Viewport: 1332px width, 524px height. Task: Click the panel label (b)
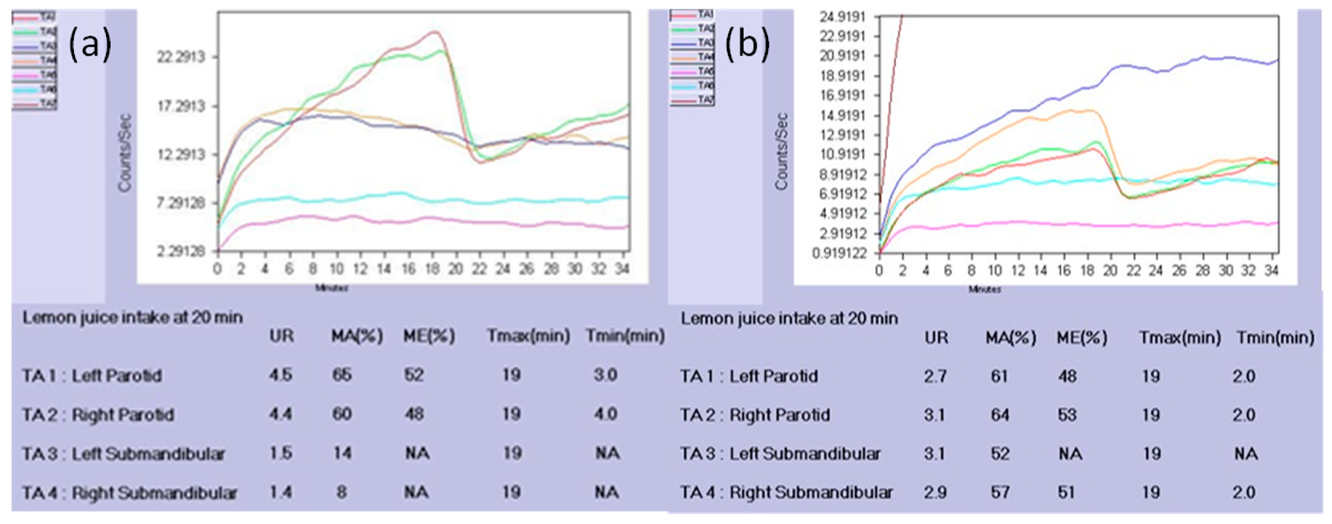[747, 44]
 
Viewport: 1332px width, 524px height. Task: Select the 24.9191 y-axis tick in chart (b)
[842, 17]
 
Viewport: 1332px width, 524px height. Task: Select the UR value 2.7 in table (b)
[935, 376]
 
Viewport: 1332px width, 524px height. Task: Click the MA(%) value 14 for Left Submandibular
[342, 453]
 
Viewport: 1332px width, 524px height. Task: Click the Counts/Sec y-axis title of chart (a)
[125, 153]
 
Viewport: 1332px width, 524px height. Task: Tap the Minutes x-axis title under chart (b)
[984, 290]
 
